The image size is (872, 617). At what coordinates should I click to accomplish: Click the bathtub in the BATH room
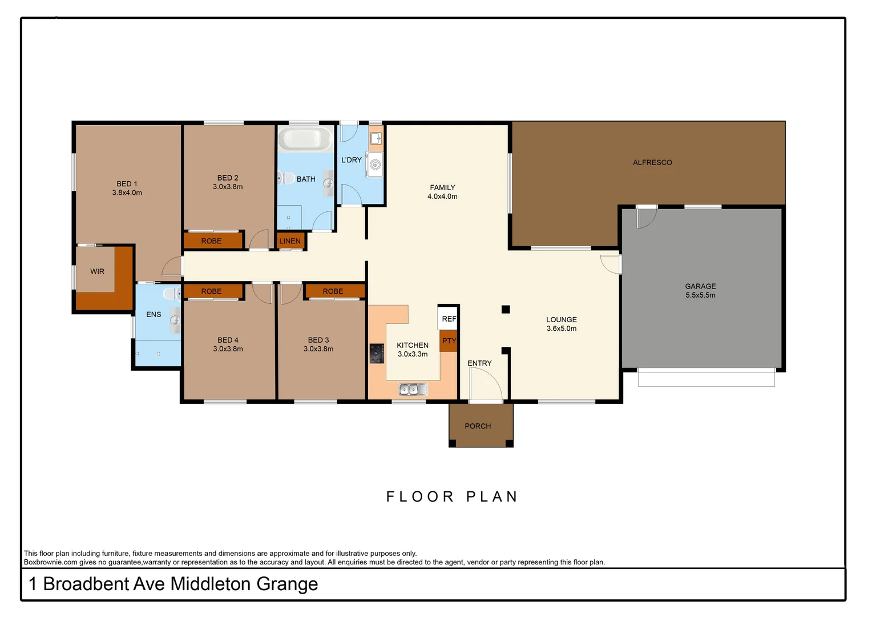pyautogui.click(x=305, y=139)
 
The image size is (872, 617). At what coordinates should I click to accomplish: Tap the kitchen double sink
pyautogui.click(x=413, y=390)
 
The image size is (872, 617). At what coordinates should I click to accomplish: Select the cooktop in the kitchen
pyautogui.click(x=377, y=354)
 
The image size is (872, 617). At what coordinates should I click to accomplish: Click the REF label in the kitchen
pyautogui.click(x=449, y=319)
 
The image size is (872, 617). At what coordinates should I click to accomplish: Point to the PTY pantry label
pyautogui.click(x=449, y=341)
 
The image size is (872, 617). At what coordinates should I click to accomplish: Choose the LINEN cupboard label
pyautogui.click(x=290, y=241)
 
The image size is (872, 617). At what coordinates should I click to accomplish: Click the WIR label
pyautogui.click(x=98, y=271)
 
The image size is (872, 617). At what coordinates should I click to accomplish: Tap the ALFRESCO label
pyautogui.click(x=652, y=162)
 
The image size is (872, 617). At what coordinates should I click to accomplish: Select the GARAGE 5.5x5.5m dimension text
pyautogui.click(x=700, y=295)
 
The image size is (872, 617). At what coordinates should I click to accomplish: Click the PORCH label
pyautogui.click(x=478, y=426)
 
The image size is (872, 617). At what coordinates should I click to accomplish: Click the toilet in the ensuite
pyautogui.click(x=171, y=294)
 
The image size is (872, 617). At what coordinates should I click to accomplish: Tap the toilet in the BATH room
pyautogui.click(x=285, y=178)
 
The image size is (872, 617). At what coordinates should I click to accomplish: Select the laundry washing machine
pyautogui.click(x=375, y=165)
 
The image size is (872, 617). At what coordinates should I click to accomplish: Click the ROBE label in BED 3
pyautogui.click(x=333, y=291)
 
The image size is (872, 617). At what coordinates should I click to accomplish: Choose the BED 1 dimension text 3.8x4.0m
pyautogui.click(x=127, y=193)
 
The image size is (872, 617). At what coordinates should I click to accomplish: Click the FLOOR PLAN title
pyautogui.click(x=452, y=496)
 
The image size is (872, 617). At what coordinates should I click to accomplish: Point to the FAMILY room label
pyautogui.click(x=442, y=187)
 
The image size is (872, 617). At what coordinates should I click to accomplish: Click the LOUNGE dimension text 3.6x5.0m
pyautogui.click(x=562, y=328)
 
